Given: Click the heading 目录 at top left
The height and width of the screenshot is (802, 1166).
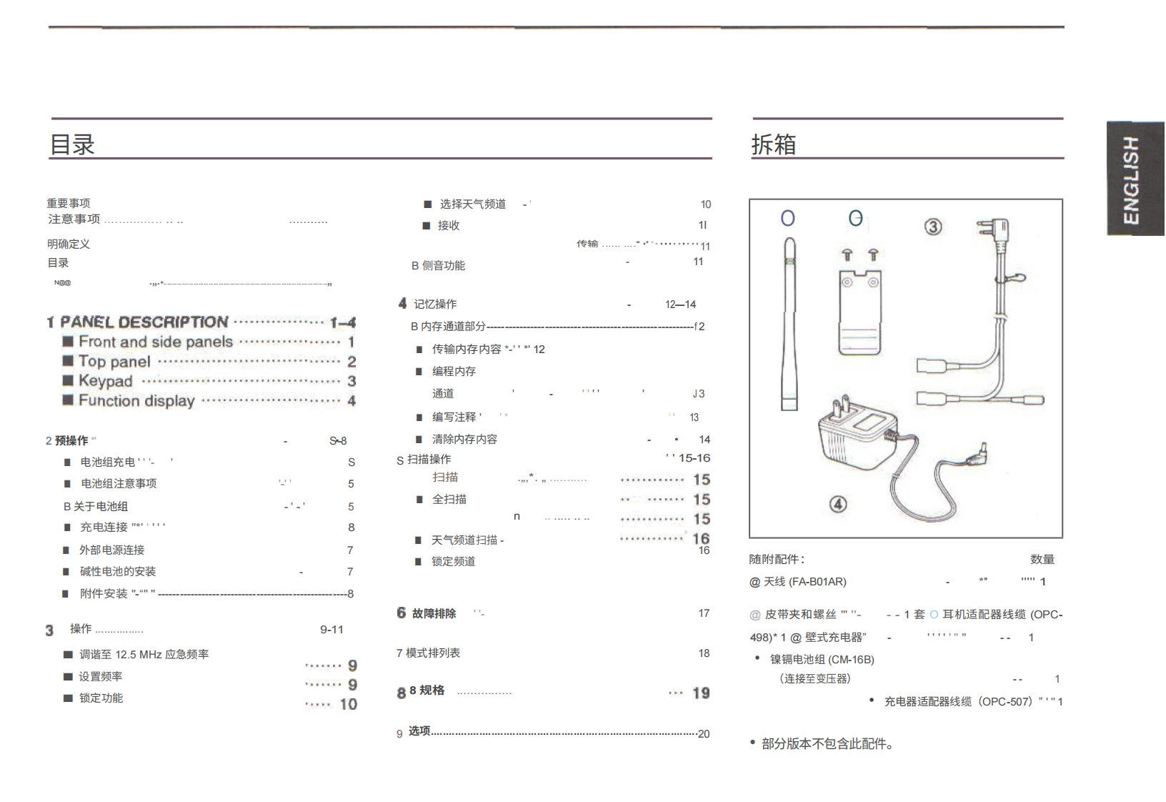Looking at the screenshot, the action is click(x=72, y=144).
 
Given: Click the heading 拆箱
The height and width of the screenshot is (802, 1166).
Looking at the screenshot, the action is click(x=773, y=144).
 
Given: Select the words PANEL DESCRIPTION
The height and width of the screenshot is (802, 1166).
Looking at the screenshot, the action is click(x=144, y=322).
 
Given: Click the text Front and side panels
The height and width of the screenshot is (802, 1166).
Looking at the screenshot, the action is click(x=156, y=342).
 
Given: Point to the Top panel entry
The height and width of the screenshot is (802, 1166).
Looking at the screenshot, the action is click(x=114, y=362).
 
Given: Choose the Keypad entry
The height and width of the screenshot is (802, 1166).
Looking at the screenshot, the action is click(x=105, y=381).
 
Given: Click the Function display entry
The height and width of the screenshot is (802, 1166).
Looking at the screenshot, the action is click(x=136, y=401).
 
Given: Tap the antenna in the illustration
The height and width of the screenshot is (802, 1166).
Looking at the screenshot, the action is click(x=789, y=322).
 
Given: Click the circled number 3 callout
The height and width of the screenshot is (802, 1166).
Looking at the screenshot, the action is click(x=933, y=227).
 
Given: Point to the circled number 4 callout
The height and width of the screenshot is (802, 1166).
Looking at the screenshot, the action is click(x=838, y=504).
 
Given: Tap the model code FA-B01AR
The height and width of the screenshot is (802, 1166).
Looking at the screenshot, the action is click(x=817, y=582).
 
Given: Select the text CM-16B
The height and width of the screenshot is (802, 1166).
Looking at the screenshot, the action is click(x=851, y=660).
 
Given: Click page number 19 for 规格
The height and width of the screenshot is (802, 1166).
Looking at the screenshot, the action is click(x=701, y=693).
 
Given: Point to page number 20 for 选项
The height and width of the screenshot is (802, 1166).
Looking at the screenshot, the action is click(x=704, y=734).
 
